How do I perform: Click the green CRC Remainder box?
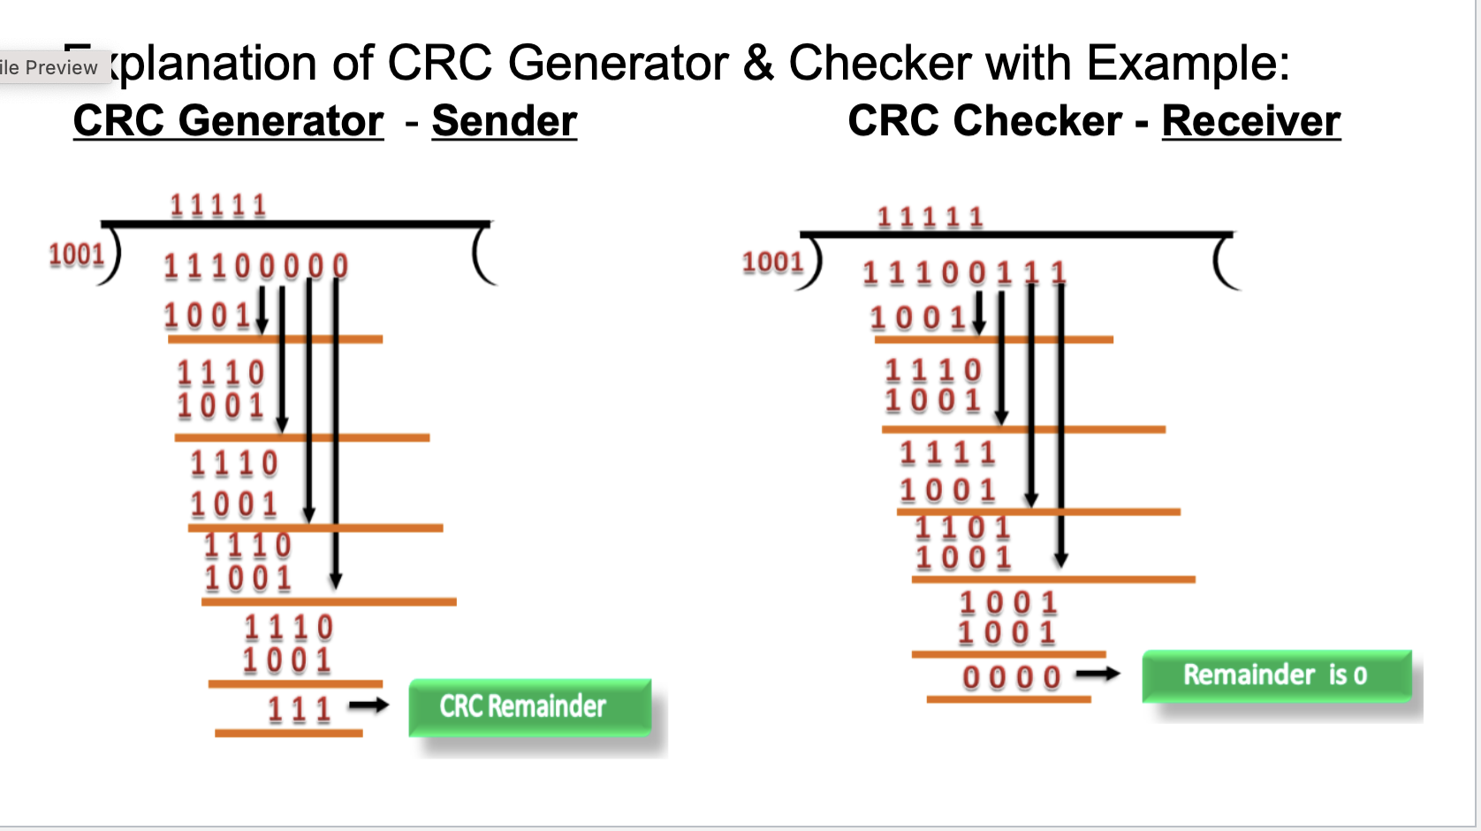(529, 706)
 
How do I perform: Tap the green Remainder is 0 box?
(1276, 675)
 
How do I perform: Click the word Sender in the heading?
(504, 121)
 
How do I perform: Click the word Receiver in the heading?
(1250, 121)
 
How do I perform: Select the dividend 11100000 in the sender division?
(255, 266)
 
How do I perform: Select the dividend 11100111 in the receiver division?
(964, 273)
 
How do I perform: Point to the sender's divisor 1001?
(77, 255)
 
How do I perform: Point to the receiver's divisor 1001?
(772, 262)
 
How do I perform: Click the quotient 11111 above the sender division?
(218, 206)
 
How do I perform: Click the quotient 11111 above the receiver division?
(930, 217)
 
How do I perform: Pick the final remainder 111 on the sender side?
(300, 709)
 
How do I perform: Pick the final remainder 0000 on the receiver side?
(1012, 678)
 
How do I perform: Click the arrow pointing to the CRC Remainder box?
(368, 705)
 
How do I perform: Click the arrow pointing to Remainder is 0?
(1097, 675)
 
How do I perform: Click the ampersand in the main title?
(758, 64)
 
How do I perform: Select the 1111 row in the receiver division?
(947, 454)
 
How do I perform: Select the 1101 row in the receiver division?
(962, 528)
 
